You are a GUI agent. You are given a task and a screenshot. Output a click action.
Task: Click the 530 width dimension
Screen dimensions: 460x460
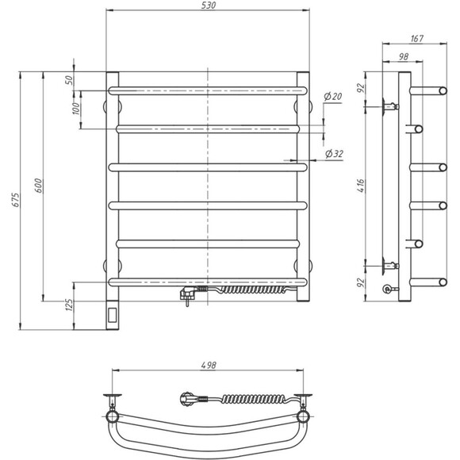coord(209,6)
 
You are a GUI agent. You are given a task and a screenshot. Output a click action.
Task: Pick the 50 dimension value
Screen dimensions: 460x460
coord(70,80)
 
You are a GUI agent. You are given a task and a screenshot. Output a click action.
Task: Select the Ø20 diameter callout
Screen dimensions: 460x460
coord(332,96)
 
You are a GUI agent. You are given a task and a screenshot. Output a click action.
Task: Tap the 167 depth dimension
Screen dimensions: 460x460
coord(418,38)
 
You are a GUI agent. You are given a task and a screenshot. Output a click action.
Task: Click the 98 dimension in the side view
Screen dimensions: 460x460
coord(403,56)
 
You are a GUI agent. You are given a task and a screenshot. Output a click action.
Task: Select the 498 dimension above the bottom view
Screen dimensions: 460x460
coord(209,366)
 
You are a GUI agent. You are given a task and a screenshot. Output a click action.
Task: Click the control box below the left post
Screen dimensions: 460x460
coord(112,314)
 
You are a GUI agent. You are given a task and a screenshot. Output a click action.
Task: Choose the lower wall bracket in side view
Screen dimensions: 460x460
coord(389,266)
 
